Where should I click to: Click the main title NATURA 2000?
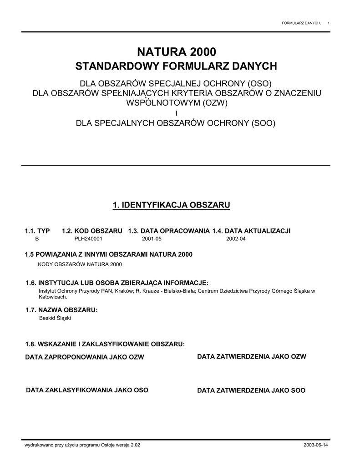[176, 52]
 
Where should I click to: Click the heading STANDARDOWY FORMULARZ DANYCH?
[176, 66]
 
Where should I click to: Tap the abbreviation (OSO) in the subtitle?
[259, 85]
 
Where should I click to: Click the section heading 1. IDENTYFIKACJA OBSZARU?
[172, 206]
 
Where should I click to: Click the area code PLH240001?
[88, 238]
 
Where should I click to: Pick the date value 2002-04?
[236, 238]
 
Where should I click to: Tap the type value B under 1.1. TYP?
[37, 238]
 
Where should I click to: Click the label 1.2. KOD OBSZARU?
[92, 231]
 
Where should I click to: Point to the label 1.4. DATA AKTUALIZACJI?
[251, 231]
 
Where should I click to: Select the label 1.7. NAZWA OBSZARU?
[62, 310]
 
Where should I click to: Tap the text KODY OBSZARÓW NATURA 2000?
[80, 264]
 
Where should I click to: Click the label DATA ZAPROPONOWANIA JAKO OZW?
[85, 357]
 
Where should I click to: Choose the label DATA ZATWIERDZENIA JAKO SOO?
[251, 390]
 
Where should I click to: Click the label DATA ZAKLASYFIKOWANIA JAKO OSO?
[87, 390]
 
